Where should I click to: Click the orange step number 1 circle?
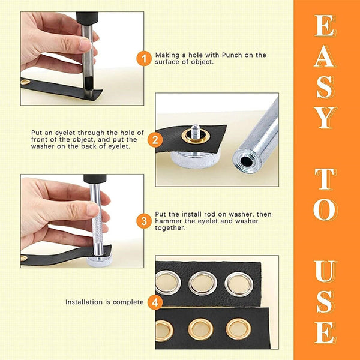(x=144, y=59)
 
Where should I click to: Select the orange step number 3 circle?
(x=144, y=221)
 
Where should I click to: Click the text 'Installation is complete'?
(x=105, y=302)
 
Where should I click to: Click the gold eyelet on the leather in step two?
(x=196, y=137)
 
